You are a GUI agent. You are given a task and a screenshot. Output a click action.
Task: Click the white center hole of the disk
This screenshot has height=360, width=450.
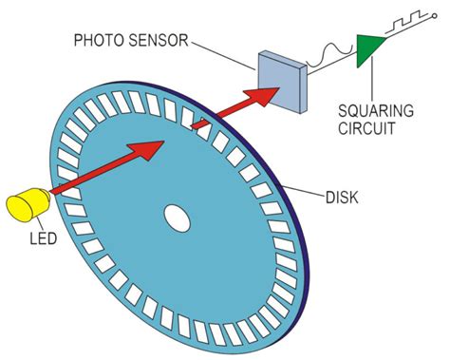click(x=177, y=218)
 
